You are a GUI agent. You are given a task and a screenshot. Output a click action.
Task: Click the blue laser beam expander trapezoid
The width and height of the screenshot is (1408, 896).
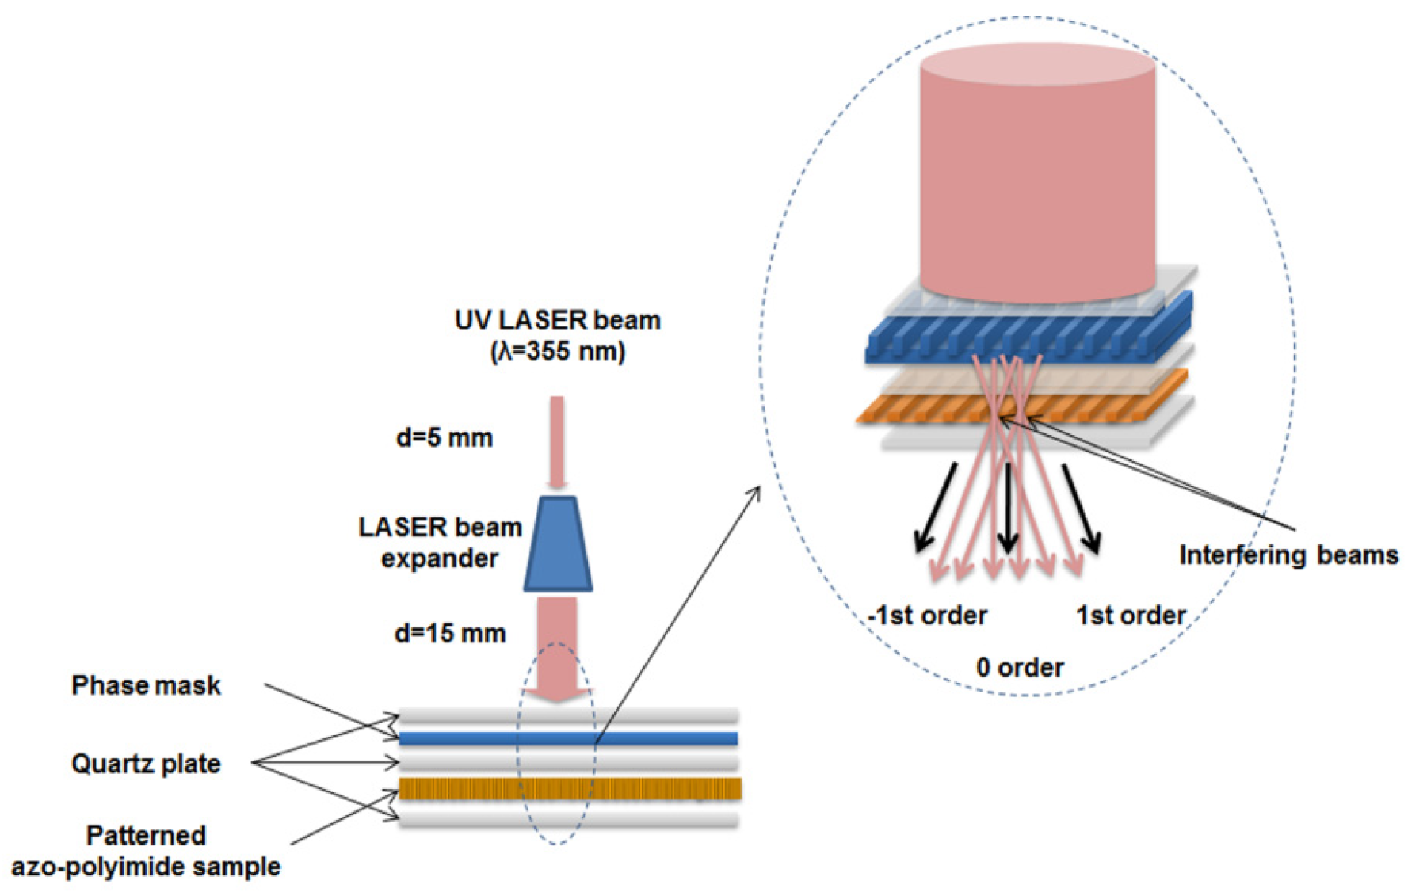pyautogui.click(x=558, y=544)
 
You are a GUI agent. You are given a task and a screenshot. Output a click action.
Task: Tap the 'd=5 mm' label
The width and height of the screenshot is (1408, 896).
pyautogui.click(x=445, y=437)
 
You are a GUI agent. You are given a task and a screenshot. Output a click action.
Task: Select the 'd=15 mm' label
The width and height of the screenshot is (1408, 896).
pyautogui.click(x=450, y=633)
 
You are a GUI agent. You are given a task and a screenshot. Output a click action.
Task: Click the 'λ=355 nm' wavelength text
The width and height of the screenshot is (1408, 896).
pyautogui.click(x=558, y=351)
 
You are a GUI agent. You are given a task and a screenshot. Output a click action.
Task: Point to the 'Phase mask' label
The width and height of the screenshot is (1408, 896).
pyautogui.click(x=146, y=685)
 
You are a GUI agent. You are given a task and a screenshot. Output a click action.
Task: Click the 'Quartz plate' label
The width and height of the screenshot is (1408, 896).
pyautogui.click(x=146, y=764)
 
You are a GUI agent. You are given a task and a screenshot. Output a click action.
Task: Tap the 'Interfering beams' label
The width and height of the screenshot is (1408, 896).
pyautogui.click(x=1288, y=555)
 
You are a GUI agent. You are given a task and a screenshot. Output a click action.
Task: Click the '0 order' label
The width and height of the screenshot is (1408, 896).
pyautogui.click(x=1020, y=667)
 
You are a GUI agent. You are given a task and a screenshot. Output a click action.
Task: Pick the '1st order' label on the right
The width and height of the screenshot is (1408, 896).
pyautogui.click(x=1131, y=615)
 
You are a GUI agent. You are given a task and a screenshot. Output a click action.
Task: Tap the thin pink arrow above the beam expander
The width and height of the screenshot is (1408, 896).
pyautogui.click(x=557, y=440)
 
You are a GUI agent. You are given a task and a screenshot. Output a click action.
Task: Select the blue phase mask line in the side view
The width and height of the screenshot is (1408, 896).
pyautogui.click(x=568, y=739)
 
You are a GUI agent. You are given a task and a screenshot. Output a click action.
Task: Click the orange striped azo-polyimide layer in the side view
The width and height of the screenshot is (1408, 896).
pyautogui.click(x=568, y=788)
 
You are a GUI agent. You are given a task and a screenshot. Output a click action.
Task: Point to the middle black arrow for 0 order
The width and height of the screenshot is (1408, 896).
pyautogui.click(x=1007, y=507)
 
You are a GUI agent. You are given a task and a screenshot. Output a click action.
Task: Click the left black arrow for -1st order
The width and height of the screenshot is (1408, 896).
pyautogui.click(x=937, y=507)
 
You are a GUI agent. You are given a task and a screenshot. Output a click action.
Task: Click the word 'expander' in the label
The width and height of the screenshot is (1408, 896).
pyautogui.click(x=439, y=559)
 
